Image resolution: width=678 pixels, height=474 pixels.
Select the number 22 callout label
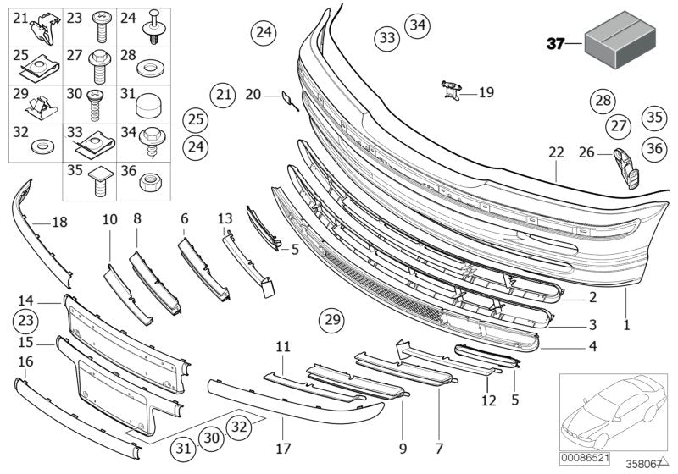point(555,152)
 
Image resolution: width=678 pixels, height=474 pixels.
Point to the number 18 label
point(59,223)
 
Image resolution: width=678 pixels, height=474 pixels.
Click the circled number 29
point(332,320)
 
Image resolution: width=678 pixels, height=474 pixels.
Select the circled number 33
point(386,38)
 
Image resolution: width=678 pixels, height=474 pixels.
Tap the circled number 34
point(416,25)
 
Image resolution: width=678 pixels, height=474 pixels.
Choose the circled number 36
point(653,147)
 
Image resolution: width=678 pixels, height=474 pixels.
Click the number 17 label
point(281,446)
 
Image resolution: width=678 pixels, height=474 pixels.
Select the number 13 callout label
point(225,219)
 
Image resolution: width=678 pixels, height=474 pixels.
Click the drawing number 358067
point(642,463)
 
